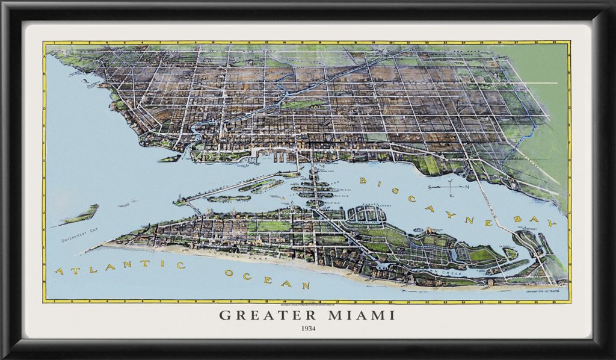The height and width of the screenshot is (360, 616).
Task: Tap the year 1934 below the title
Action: [307, 329]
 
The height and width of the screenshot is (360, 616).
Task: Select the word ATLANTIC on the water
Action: [105, 267]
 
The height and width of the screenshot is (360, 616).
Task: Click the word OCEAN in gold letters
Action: [267, 279]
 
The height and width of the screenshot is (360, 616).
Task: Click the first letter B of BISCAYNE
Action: [363, 180]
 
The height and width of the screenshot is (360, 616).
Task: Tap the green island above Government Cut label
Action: [81, 214]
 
